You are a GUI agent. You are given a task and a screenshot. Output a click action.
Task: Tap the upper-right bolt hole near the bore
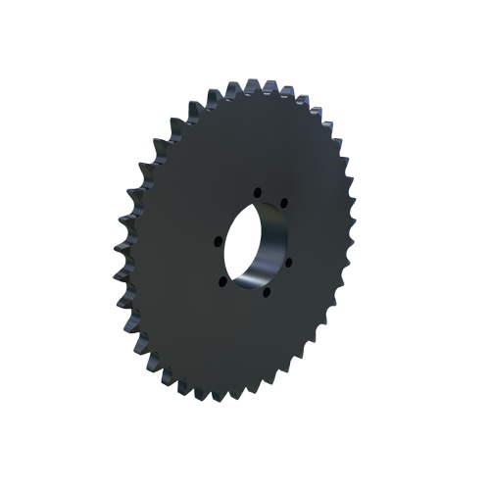(x=282, y=204)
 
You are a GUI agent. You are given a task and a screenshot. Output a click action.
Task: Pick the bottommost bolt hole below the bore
(x=267, y=291)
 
